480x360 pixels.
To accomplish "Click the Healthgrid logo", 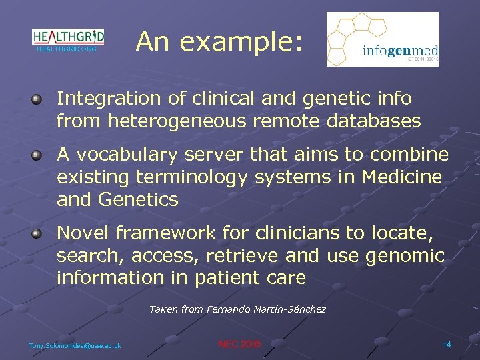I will tap(68, 36).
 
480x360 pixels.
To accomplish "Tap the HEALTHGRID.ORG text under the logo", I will tap(67, 49).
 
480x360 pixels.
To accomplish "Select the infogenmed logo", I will tap(382, 39).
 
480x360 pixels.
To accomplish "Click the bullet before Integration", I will tap(37, 100).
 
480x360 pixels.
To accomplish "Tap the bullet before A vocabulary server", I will tap(37, 156).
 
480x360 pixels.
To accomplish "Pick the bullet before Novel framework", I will tap(37, 234).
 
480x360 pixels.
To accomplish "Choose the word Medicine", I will tap(401, 177).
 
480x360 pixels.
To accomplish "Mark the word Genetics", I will tap(137, 200).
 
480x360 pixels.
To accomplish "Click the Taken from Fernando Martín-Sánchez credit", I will tap(237, 309).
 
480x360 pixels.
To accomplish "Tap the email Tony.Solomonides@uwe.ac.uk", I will tap(75, 345).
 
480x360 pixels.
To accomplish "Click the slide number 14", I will tap(446, 344).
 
